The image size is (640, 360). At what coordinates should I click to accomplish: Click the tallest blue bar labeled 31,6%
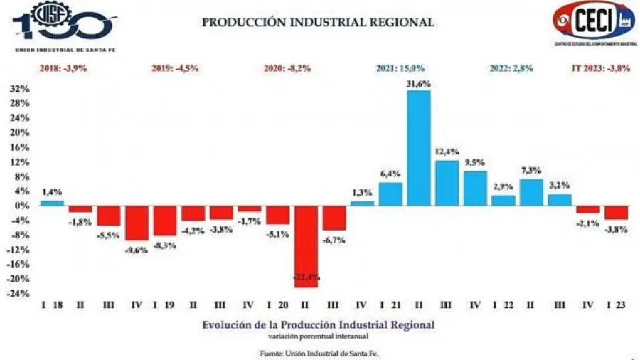[419, 148]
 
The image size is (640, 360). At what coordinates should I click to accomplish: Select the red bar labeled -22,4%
[306, 246]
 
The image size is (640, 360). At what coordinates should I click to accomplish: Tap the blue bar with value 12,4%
[447, 183]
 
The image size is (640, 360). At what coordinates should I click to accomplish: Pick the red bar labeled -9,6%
[137, 223]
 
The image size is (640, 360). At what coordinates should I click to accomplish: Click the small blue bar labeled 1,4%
[52, 203]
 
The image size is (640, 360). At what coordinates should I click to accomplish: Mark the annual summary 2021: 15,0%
[400, 68]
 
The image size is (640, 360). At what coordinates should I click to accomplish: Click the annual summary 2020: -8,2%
[287, 68]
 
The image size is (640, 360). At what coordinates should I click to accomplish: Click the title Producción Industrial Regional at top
[317, 22]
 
